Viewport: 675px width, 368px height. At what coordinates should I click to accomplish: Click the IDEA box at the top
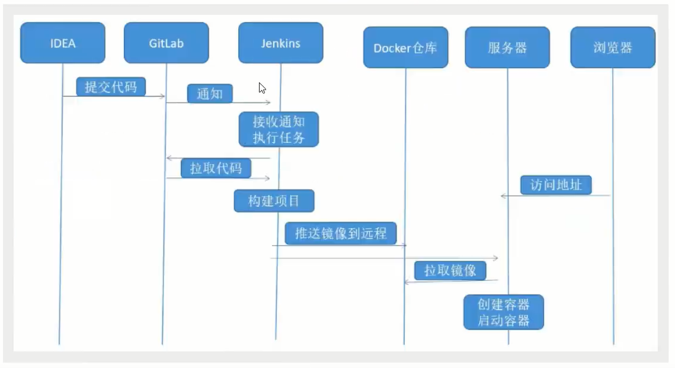[62, 43]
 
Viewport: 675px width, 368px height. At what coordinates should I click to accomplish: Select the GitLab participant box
[166, 43]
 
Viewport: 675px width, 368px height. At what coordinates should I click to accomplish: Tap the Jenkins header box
[280, 43]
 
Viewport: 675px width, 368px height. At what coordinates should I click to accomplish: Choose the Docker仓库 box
[405, 47]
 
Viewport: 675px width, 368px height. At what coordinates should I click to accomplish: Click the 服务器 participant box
[507, 47]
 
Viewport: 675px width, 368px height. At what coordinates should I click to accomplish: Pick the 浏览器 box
[612, 47]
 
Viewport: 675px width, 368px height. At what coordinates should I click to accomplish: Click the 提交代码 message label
[111, 87]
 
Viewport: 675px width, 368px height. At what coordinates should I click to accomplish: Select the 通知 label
[209, 94]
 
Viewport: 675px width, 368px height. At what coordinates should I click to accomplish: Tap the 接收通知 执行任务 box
[279, 129]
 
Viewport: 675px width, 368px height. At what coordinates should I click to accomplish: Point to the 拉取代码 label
[216, 168]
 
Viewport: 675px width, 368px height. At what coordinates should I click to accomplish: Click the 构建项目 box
[274, 201]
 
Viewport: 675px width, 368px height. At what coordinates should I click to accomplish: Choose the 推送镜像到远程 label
[340, 233]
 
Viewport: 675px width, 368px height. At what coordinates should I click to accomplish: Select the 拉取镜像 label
[450, 271]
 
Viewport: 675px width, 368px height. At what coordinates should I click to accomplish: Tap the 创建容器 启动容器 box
[503, 312]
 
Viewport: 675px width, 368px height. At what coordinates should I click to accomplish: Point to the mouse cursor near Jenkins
[262, 88]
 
